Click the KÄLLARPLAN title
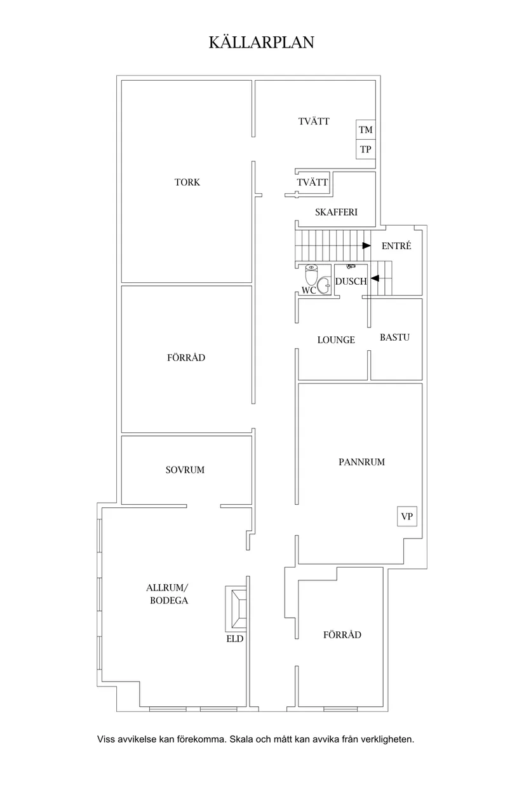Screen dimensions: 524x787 pyautogui.click(x=262, y=42)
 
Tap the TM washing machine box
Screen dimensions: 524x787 pyautogui.click(x=366, y=130)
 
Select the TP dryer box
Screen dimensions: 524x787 pyautogui.click(x=366, y=149)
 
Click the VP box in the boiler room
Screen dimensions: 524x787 pyautogui.click(x=407, y=516)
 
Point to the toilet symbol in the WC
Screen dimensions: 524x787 pyautogui.click(x=311, y=275)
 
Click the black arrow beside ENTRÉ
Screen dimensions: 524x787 pyautogui.click(x=366, y=245)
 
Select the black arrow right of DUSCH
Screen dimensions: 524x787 pyautogui.click(x=375, y=278)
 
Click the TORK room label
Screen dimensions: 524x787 pyautogui.click(x=187, y=182)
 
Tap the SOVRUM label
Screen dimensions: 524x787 pyautogui.click(x=185, y=470)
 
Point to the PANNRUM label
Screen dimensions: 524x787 pyautogui.click(x=361, y=462)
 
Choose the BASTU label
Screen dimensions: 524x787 pyautogui.click(x=395, y=338)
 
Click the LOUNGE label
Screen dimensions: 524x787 pyautogui.click(x=336, y=339)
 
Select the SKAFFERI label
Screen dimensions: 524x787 pyautogui.click(x=336, y=212)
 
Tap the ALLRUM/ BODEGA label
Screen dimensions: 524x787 pyautogui.click(x=168, y=594)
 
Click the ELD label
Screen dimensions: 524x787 pyautogui.click(x=235, y=639)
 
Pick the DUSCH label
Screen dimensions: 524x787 pyautogui.click(x=351, y=282)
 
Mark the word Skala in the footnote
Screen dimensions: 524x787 pyautogui.click(x=241, y=739)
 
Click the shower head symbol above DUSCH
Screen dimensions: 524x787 pyautogui.click(x=351, y=267)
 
